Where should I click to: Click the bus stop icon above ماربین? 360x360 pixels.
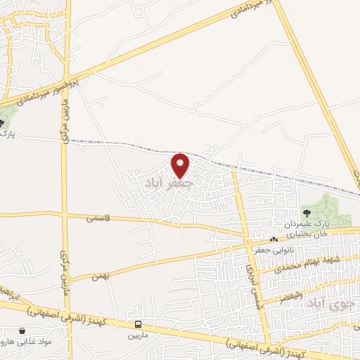pyautogui.click(x=139, y=325)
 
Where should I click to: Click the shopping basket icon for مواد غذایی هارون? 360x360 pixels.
pyautogui.click(x=23, y=330)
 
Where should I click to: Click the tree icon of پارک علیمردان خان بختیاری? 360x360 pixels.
pyautogui.click(x=306, y=211)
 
